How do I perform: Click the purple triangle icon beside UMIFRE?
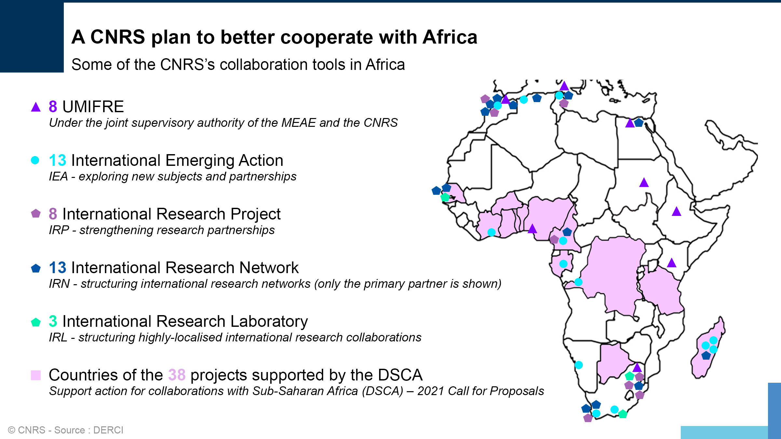coord(36,107)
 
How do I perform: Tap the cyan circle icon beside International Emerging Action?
coord(35,160)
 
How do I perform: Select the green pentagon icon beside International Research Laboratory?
coord(36,322)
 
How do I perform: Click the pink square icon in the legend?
coord(36,375)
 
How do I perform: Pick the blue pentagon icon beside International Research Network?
coord(36,268)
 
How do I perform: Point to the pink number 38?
coord(177,375)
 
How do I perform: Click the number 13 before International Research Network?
coord(58,268)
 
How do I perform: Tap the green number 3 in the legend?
coord(53,321)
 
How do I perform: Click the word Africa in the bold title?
coord(450,37)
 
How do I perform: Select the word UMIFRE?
coord(93,107)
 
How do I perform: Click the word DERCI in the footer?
coord(108,430)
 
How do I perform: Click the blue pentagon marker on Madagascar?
coord(706,355)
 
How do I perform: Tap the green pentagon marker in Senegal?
coord(445,197)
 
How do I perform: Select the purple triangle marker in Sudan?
coord(644,182)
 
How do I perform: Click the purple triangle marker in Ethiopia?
coord(677,211)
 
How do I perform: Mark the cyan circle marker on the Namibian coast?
coord(579,365)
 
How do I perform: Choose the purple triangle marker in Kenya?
coord(672,263)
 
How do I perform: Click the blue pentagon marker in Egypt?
coord(639,123)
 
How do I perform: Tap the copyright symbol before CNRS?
coord(12,430)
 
